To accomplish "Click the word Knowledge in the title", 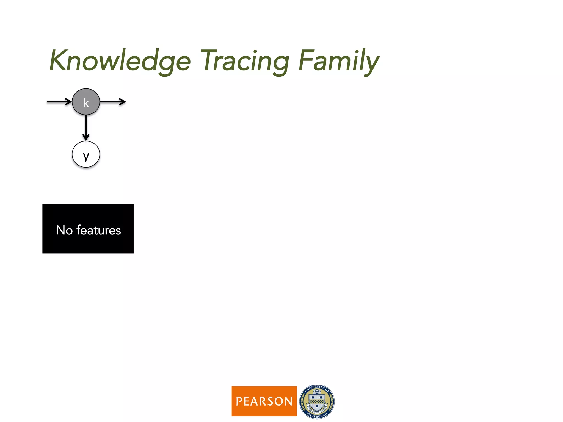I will (x=120, y=61).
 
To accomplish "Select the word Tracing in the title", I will (x=245, y=61).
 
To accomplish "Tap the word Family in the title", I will (x=339, y=61).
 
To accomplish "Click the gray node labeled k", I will (x=86, y=102).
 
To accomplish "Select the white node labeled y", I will (x=86, y=154).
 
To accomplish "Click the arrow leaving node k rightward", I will (x=113, y=102).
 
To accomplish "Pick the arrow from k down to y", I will (x=86, y=127).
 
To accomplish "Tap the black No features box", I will (x=88, y=229).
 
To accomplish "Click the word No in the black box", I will (x=64, y=230).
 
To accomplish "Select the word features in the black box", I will (x=98, y=230).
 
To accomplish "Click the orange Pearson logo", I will (x=264, y=401).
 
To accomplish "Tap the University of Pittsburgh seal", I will (x=317, y=401).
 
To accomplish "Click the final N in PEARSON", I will (x=288, y=401).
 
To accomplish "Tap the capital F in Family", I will (x=306, y=60).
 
